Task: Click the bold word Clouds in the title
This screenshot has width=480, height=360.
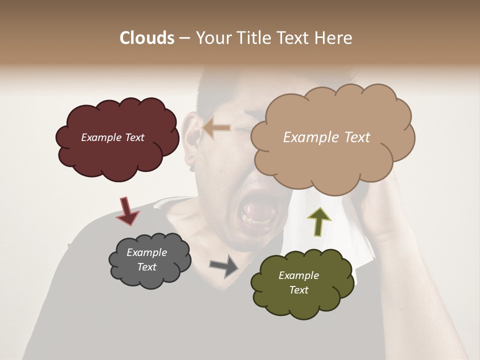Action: click(x=146, y=38)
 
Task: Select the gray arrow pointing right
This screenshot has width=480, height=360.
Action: click(x=224, y=265)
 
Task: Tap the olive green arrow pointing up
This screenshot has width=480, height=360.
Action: click(x=319, y=220)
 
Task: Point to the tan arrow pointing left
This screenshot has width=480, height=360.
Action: click(x=216, y=128)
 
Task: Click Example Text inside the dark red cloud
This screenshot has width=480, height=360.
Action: click(x=112, y=137)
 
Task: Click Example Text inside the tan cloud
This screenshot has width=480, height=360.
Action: click(x=326, y=137)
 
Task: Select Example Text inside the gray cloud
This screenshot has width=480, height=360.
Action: click(x=146, y=259)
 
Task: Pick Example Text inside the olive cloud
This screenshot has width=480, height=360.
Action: click(x=298, y=282)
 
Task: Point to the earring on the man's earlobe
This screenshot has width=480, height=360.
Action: click(x=190, y=161)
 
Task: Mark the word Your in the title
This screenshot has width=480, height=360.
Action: click(x=213, y=38)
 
